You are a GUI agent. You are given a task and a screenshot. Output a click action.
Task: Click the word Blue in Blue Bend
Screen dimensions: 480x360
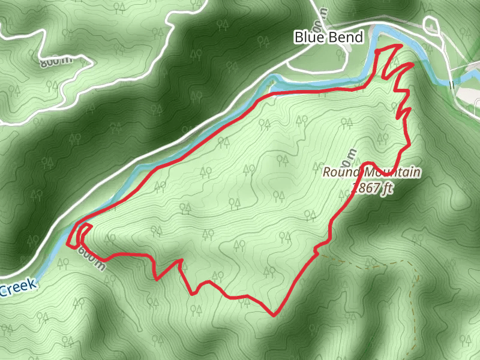(x=308, y=37)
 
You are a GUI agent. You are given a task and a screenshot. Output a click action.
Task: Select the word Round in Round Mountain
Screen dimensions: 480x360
(x=340, y=173)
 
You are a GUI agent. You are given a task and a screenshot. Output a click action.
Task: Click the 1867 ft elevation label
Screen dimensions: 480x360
(x=373, y=187)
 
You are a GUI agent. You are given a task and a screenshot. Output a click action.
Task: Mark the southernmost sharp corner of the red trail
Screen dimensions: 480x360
(x=273, y=315)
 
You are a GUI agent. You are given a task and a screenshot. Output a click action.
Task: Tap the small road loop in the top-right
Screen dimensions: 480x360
(x=431, y=25)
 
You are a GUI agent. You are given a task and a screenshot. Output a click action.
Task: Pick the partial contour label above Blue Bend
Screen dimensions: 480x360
(x=325, y=14)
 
